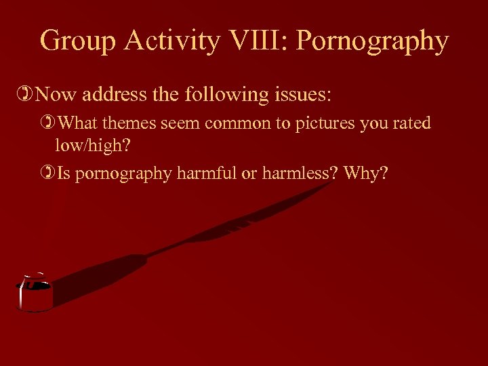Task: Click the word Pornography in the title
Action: pyautogui.click(x=373, y=41)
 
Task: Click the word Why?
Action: pyautogui.click(x=366, y=174)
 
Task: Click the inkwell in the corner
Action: pyautogui.click(x=34, y=296)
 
